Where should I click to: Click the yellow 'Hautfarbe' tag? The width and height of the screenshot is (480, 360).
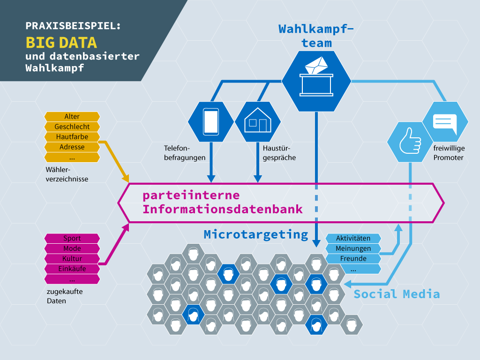pyautogui.click(x=72, y=137)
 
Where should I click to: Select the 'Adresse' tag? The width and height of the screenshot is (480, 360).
pyautogui.click(x=72, y=147)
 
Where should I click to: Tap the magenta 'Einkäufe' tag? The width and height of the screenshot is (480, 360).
pyautogui.click(x=72, y=269)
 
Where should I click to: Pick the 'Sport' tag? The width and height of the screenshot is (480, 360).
pyautogui.click(x=72, y=239)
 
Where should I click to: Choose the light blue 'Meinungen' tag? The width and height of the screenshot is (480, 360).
pyautogui.click(x=353, y=248)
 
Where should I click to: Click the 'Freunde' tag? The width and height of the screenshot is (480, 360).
pyautogui.click(x=353, y=259)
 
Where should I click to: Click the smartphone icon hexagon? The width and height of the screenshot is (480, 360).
pyautogui.click(x=211, y=121)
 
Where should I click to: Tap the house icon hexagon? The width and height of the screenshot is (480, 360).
pyautogui.click(x=258, y=121)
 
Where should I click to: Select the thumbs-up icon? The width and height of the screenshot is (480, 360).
pyautogui.click(x=410, y=141)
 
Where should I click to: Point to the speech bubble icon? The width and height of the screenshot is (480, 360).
pyautogui.click(x=445, y=124)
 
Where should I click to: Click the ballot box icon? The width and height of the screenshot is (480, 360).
pyautogui.click(x=316, y=76)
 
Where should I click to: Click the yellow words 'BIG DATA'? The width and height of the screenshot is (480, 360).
pyautogui.click(x=61, y=43)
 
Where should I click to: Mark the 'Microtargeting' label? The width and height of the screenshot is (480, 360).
pyautogui.click(x=256, y=234)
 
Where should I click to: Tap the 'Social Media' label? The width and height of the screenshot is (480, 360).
pyautogui.click(x=397, y=294)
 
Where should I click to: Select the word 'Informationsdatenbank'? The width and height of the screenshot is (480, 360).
pyautogui.click(x=223, y=210)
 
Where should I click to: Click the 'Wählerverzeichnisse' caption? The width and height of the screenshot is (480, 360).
pyautogui.click(x=67, y=174)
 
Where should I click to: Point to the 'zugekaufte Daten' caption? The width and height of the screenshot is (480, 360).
pyautogui.click(x=65, y=296)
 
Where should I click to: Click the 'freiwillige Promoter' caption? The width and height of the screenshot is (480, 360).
pyautogui.click(x=449, y=153)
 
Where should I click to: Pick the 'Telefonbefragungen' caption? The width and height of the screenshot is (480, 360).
pyautogui.click(x=185, y=153)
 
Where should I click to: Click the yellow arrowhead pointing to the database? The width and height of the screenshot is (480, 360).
pyautogui.click(x=126, y=178)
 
